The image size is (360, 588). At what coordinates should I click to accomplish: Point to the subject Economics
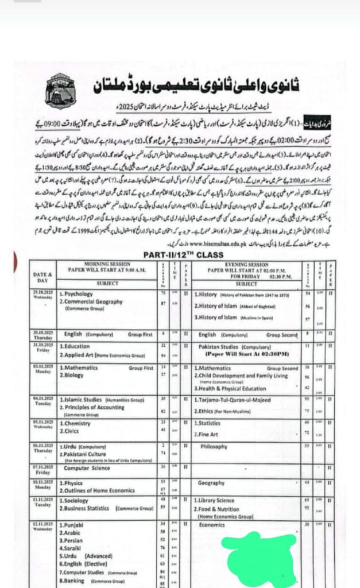pos(212,525)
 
